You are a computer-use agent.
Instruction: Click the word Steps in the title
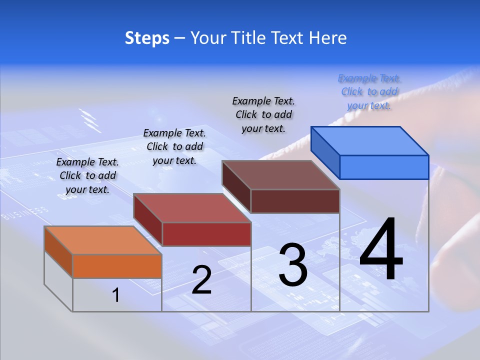tap(147, 38)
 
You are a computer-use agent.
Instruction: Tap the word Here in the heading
tap(326, 38)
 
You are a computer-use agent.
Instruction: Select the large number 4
tap(381, 250)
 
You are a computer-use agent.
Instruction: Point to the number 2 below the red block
tap(201, 280)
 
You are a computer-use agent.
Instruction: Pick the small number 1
tap(116, 295)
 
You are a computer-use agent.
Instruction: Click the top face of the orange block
tap(103, 240)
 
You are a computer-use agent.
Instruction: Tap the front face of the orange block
tap(117, 266)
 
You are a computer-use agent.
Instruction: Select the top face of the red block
tap(192, 208)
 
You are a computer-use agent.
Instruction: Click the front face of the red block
tap(206, 234)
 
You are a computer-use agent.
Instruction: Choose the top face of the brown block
tap(280, 175)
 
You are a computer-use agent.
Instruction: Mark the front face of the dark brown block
tap(295, 201)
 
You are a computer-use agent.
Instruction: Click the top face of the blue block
tap(369, 141)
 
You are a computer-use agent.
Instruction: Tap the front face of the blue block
tap(384, 167)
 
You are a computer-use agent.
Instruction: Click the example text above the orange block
tap(88, 175)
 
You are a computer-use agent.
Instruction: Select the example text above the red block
tap(174, 146)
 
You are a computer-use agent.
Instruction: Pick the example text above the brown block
tap(263, 114)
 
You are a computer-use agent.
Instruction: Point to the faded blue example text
tap(369, 91)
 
